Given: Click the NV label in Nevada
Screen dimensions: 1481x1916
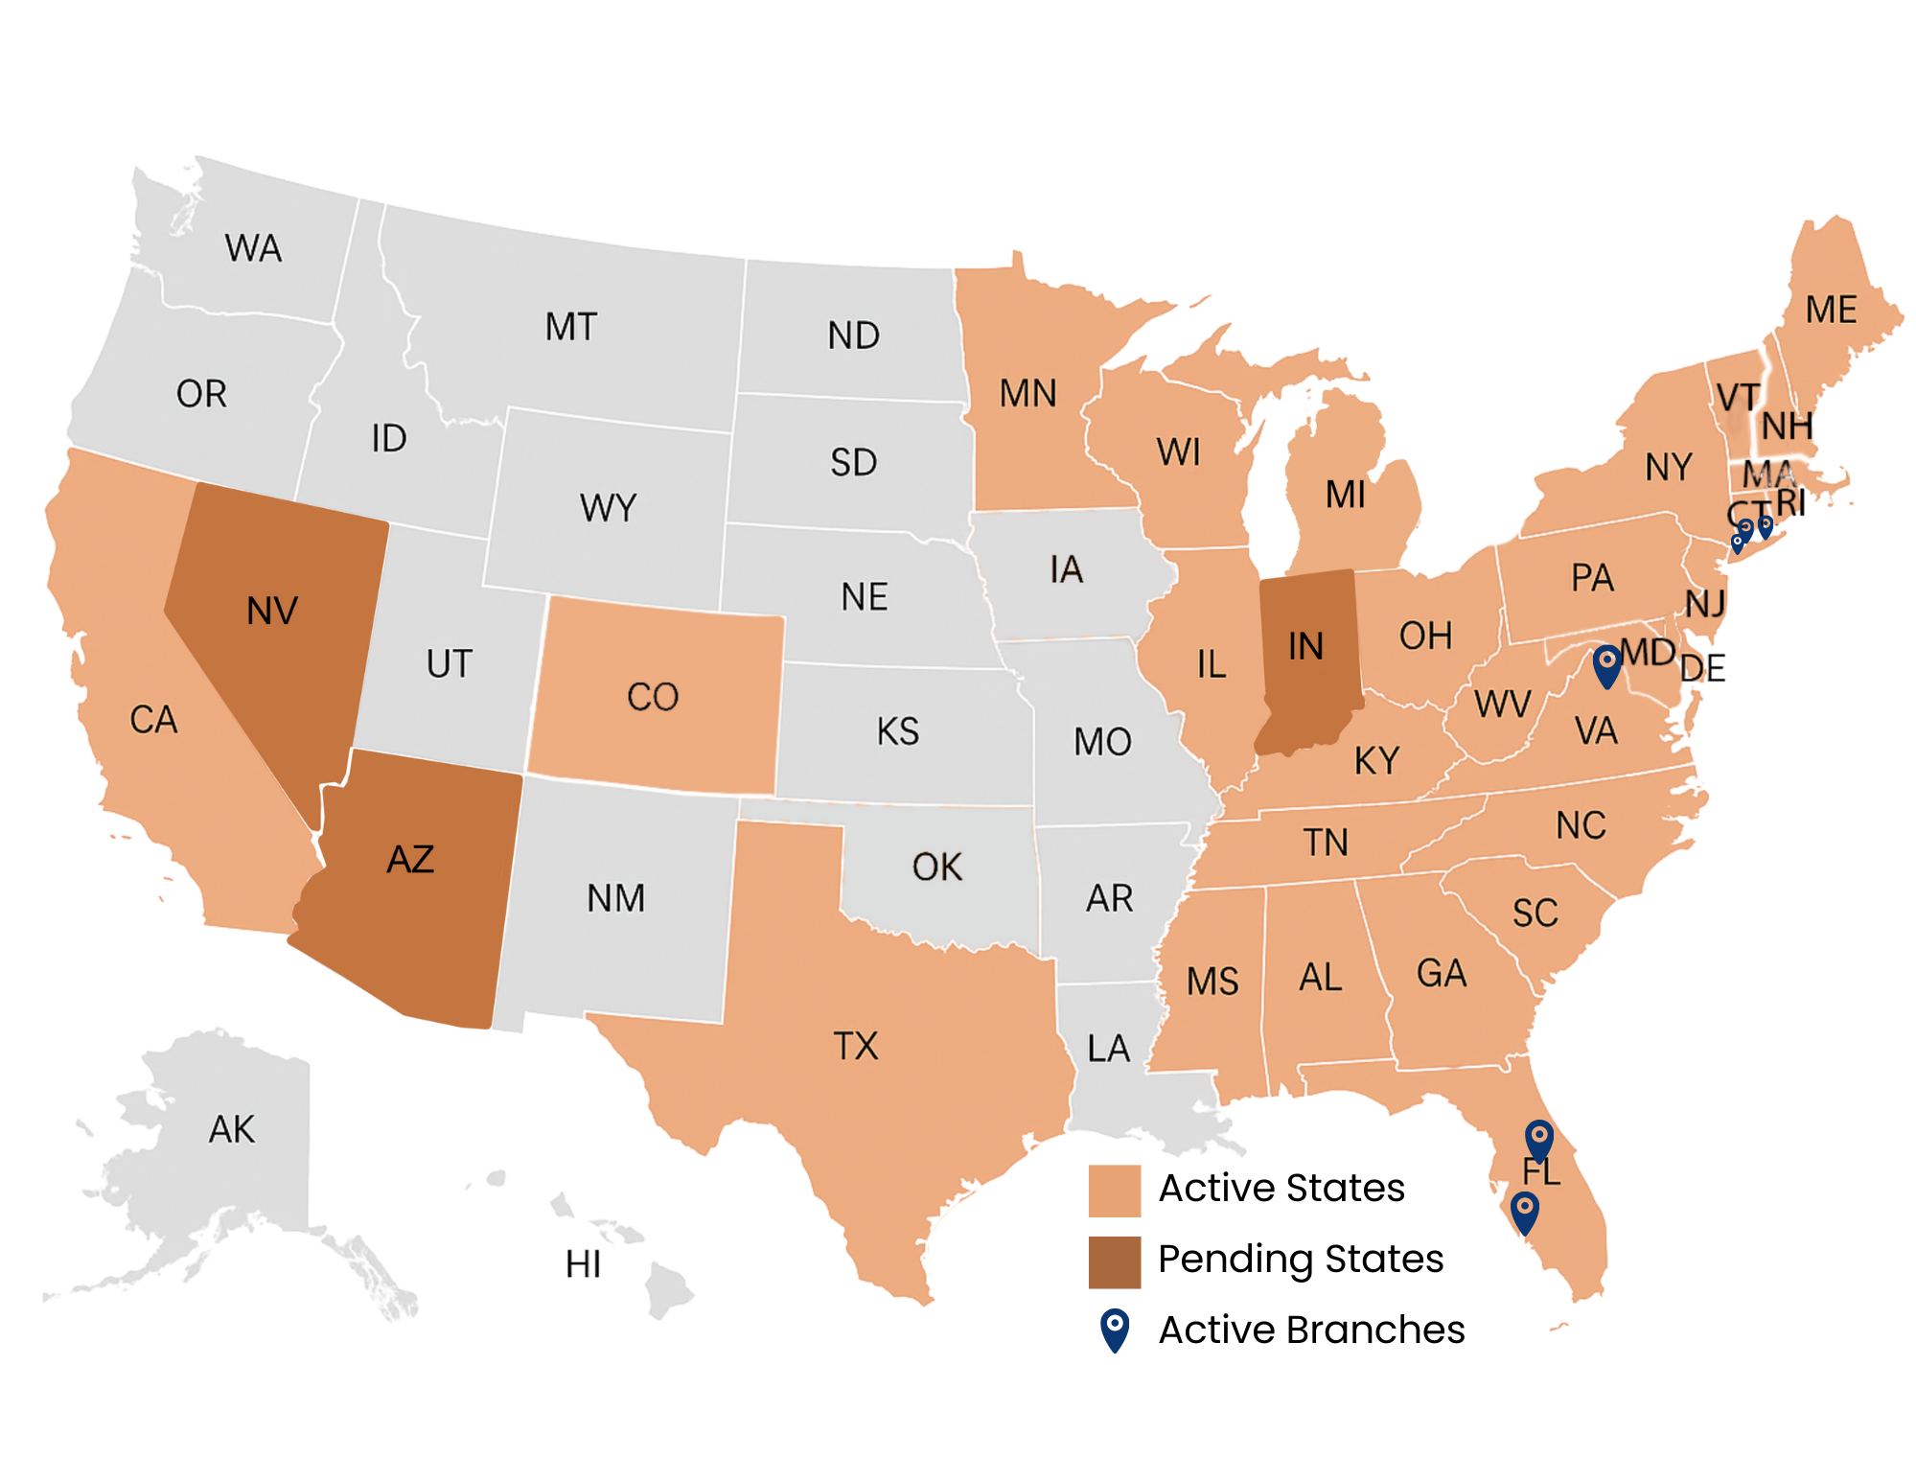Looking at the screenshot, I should coord(272,612).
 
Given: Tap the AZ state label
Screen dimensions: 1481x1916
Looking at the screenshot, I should coord(410,860).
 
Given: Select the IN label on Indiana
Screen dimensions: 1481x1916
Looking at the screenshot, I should coord(1305,647).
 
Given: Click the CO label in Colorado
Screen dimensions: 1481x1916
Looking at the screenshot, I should coord(653,697).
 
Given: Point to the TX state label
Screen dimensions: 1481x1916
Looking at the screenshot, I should coord(856,1046).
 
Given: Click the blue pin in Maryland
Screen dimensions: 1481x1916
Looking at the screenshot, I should coord(1606,664).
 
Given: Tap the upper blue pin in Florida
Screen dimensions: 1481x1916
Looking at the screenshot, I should coord(1538,1139).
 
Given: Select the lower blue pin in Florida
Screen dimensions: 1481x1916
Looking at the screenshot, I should coord(1524,1211).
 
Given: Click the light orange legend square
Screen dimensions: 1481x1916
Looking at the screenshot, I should coord(1114,1191).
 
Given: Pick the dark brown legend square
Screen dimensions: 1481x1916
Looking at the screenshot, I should coord(1114,1261).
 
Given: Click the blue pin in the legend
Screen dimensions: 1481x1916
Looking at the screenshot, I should coord(1114,1329).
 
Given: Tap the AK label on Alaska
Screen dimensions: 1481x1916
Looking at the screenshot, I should coord(232,1130).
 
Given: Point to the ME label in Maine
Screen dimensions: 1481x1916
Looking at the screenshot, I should coord(1831,311).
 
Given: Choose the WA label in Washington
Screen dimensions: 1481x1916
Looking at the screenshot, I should coord(254,249).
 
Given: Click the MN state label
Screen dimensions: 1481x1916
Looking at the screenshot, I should coord(1027,394).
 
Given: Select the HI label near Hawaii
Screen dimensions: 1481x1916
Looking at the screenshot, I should coord(583,1265).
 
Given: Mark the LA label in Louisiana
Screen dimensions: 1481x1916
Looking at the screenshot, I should coord(1109,1049).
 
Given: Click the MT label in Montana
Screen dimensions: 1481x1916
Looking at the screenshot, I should coord(571,328).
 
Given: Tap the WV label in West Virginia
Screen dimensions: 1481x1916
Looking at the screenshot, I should coord(1502,705).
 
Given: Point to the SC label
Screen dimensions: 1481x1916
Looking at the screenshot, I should coord(1535,914).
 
